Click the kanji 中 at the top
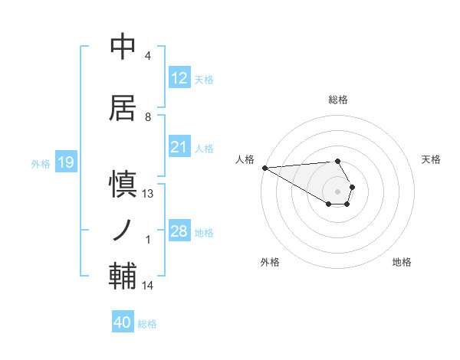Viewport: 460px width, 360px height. click(122, 47)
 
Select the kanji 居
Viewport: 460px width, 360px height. click(122, 108)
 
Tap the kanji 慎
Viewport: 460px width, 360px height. click(122, 185)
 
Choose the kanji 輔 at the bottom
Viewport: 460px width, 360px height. click(122, 275)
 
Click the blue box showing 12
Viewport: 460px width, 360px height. click(179, 78)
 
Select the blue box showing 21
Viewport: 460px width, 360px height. click(179, 147)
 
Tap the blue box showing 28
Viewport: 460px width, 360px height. click(179, 231)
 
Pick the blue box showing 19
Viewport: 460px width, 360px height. click(65, 162)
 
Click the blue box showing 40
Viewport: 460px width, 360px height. click(123, 322)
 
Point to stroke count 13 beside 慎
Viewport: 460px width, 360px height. click(149, 194)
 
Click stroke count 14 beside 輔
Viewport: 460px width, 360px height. click(149, 286)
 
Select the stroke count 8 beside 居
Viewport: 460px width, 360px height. click(148, 117)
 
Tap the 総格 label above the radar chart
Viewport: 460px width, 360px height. click(338, 100)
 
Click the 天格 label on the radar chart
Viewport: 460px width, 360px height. click(432, 159)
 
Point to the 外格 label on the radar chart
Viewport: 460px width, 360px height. click(270, 262)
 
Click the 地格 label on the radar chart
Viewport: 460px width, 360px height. click(402, 262)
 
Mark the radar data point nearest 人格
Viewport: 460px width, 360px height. click(264, 168)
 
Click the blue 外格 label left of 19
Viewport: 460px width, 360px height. click(40, 163)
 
